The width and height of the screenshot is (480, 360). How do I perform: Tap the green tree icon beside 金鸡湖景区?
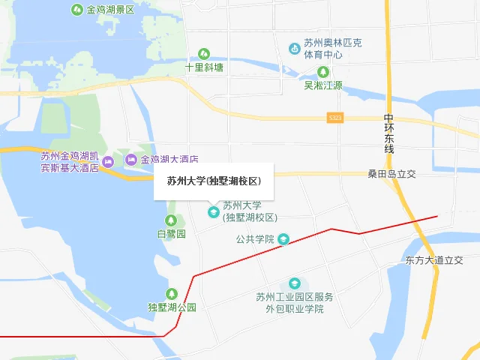tap(76, 10)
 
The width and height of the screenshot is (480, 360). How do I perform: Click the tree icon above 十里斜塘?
tap(203, 53)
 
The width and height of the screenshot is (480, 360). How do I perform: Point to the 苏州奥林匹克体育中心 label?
tap(333, 49)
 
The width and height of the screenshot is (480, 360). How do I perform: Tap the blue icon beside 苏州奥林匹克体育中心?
tap(295, 49)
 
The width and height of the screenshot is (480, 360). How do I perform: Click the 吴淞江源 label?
tap(322, 85)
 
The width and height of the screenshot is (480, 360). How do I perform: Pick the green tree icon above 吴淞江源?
tap(322, 72)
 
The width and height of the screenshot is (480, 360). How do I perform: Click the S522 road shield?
tap(335, 118)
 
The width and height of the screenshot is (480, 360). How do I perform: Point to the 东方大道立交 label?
tap(434, 260)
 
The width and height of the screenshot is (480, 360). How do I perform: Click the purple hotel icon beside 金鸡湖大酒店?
tap(131, 160)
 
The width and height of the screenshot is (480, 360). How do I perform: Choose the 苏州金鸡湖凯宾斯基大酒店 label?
tap(70, 162)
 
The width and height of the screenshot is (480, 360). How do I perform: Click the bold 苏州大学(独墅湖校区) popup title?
tap(214, 181)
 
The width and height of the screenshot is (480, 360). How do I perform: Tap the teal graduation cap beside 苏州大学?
tap(213, 211)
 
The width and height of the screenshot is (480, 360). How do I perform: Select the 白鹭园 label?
tap(171, 235)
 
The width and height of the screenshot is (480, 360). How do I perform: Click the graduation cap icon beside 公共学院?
tap(283, 240)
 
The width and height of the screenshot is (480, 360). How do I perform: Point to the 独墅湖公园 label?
tap(172, 307)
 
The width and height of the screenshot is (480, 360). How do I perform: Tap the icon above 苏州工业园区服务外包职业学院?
tap(294, 283)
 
